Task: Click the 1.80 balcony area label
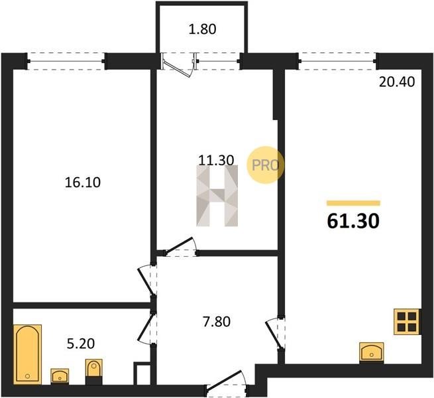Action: [x=202, y=29]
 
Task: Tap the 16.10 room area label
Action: [x=83, y=182]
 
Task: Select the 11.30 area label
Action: [x=217, y=161]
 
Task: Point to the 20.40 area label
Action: [x=397, y=82]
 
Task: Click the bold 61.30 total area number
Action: [x=353, y=222]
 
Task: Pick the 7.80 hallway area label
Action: [x=217, y=322]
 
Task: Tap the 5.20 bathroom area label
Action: [x=81, y=344]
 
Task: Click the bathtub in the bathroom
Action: [x=27, y=354]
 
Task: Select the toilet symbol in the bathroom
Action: [x=94, y=371]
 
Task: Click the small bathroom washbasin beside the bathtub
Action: [x=60, y=376]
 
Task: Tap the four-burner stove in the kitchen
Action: [x=407, y=322]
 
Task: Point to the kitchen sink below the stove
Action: [x=372, y=352]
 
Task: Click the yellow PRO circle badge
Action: [x=265, y=165]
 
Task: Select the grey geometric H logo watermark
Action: [x=217, y=196]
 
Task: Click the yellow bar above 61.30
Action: [x=353, y=203]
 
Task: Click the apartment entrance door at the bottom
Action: [x=227, y=384]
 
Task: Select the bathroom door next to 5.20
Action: [x=146, y=328]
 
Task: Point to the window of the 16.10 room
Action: [x=66, y=61]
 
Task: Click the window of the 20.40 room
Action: [x=338, y=61]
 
